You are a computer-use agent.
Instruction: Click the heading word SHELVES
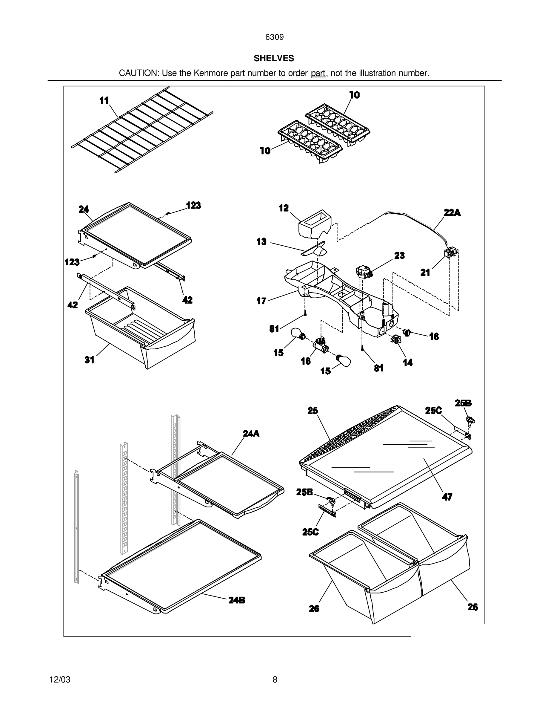pos(274,58)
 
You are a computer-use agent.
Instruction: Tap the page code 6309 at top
pos(274,37)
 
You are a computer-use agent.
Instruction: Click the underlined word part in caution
pos(318,74)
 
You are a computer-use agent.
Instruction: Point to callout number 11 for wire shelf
pos(104,101)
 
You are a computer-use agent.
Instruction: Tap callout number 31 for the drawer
pos(90,360)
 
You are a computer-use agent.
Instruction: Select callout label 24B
pos(236,600)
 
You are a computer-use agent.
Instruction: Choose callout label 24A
pos(251,433)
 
